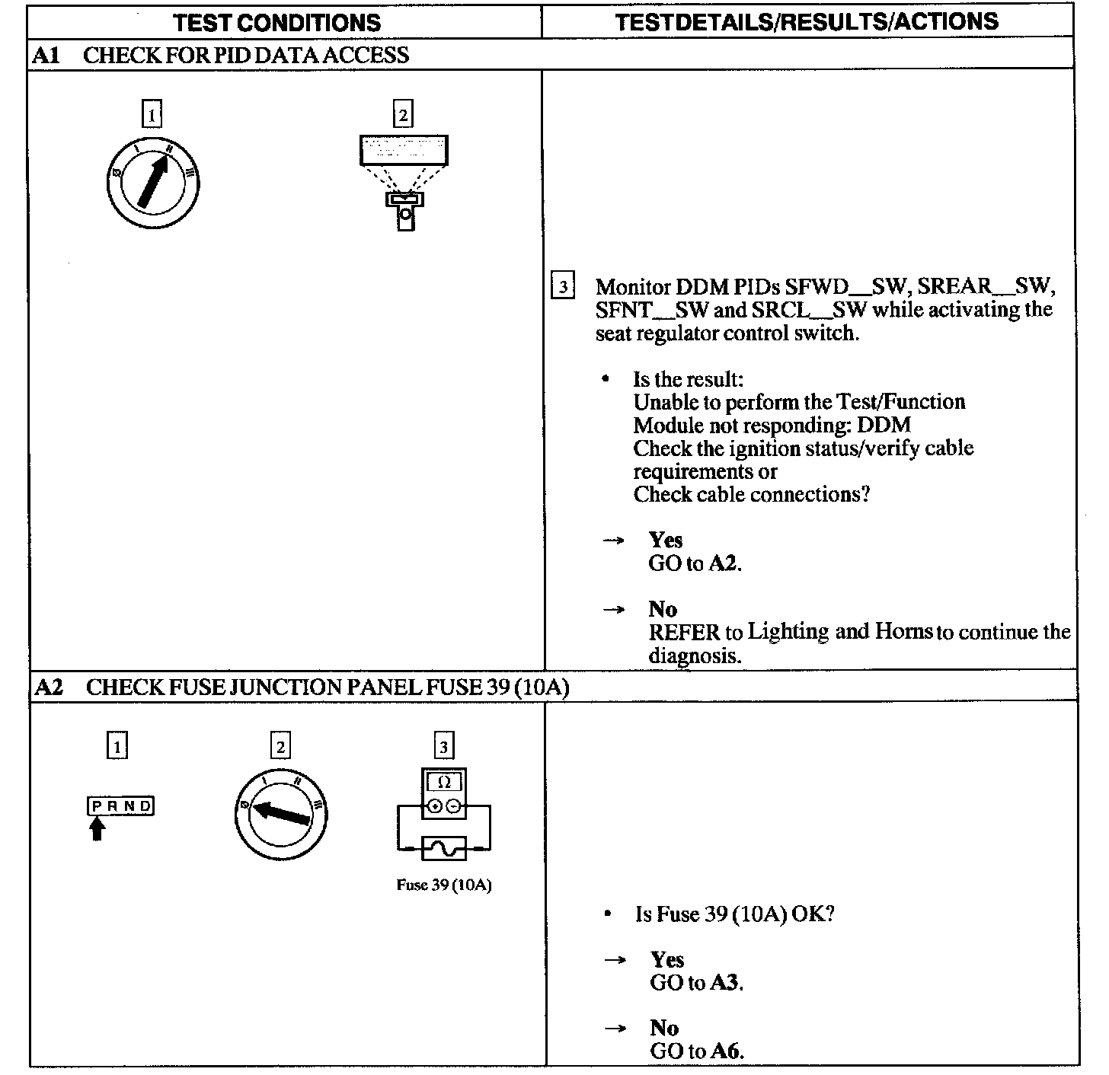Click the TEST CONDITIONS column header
pos(276,23)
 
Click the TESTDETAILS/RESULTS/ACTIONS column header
pos(807,21)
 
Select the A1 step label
pos(46,56)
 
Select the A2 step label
pos(49,687)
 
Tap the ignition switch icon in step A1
pos(153,183)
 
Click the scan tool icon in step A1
pos(404,182)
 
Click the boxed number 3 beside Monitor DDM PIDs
pos(562,285)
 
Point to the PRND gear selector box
pos(120,805)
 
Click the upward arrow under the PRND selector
pos(97,829)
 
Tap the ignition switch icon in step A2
pos(281,814)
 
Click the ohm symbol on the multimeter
pos(444,782)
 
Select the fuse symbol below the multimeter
pos(444,848)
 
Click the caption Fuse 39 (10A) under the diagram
pos(444,885)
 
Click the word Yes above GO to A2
pos(665,540)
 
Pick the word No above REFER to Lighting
pos(663,609)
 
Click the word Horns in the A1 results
pos(903,631)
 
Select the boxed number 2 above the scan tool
pos(404,114)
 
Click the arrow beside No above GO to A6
pos(615,1029)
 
